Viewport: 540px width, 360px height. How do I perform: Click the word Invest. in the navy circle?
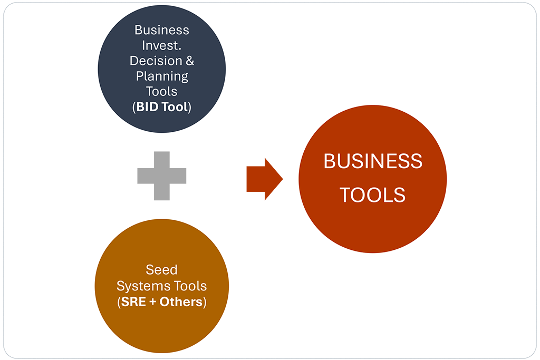tap(162, 45)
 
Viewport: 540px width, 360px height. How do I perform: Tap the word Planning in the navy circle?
tap(162, 76)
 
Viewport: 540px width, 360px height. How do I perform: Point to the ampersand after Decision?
tap(189, 61)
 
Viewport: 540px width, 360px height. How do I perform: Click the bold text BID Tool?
tap(162, 107)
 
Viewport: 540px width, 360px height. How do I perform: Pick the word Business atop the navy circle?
tap(162, 30)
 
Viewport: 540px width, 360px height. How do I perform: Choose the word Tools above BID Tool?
tap(162, 91)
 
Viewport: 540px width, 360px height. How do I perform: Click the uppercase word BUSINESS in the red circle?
tap(372, 161)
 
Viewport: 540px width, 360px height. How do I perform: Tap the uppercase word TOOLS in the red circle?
tap(372, 196)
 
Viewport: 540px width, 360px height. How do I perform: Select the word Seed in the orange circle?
tap(161, 270)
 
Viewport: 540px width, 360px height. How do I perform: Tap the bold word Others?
tap(182, 303)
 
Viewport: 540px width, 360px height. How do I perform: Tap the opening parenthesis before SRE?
tap(118, 303)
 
